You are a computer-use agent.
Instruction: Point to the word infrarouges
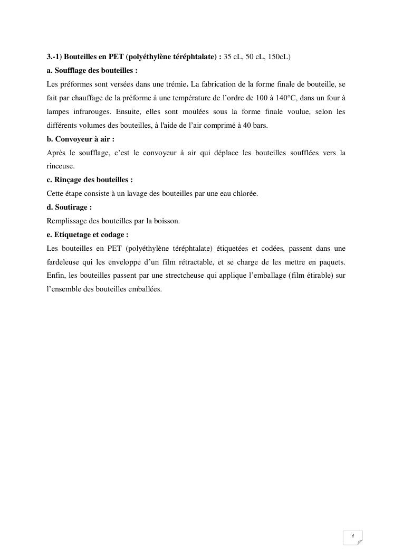pos(82,111)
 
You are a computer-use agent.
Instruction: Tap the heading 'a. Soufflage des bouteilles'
pos(92,70)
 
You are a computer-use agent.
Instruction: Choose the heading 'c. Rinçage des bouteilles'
pos(90,180)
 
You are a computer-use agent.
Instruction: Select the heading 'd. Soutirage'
pos(69,208)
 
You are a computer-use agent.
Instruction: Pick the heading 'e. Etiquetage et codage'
pos(88,235)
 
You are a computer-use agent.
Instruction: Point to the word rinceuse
pos(61,166)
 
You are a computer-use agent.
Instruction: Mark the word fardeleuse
pos(63,262)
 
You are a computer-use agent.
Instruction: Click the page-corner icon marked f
pos(353,538)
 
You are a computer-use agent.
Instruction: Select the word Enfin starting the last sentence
pos(54,276)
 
